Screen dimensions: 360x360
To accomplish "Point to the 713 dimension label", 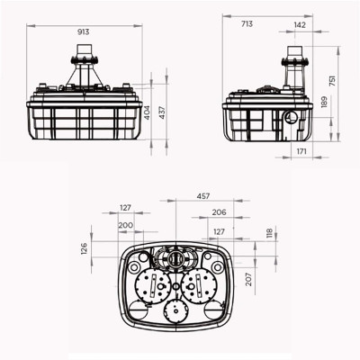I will point(247,25).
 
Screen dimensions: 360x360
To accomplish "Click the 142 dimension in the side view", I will point(299,25).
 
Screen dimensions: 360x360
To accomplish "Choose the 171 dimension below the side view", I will point(301,151).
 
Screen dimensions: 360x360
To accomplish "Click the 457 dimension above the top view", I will point(206,195).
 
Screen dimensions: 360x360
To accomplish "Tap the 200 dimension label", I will point(125,225).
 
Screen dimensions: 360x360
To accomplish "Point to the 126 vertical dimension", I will point(85,247).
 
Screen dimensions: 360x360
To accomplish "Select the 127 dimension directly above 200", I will point(125,208).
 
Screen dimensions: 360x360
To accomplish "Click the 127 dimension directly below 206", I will point(219,231).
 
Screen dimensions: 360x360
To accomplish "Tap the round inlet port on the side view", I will point(287,118).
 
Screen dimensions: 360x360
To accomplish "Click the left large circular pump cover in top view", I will point(154,286).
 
